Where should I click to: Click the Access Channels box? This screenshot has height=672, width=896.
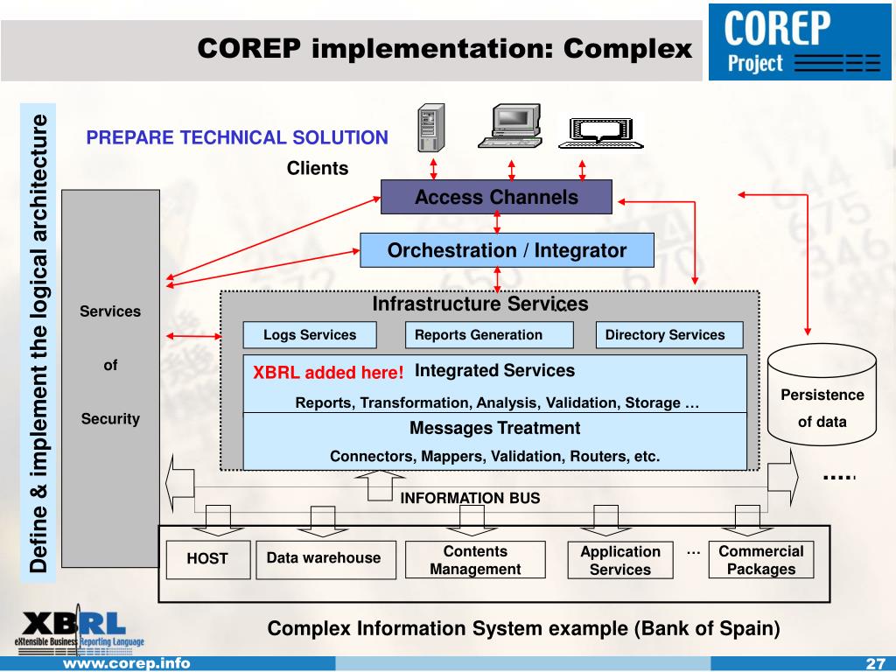point(496,197)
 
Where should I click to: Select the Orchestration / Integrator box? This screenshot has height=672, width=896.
point(507,250)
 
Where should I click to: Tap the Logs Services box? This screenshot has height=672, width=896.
point(310,335)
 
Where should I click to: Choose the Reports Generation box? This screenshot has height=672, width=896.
point(488,335)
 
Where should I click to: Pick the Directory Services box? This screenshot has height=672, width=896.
point(669,335)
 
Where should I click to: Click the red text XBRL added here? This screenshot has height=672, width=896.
point(328,373)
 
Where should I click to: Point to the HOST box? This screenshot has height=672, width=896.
point(207,559)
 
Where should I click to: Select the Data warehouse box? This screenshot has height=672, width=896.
point(325,558)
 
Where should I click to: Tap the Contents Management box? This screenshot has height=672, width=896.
point(475,560)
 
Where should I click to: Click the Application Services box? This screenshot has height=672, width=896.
point(619,560)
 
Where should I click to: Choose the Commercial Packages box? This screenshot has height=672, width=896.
point(761,560)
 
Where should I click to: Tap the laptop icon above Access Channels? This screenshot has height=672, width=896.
point(599,132)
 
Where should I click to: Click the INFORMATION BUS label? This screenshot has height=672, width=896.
point(470,499)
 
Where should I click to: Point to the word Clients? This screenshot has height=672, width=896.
point(318,169)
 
